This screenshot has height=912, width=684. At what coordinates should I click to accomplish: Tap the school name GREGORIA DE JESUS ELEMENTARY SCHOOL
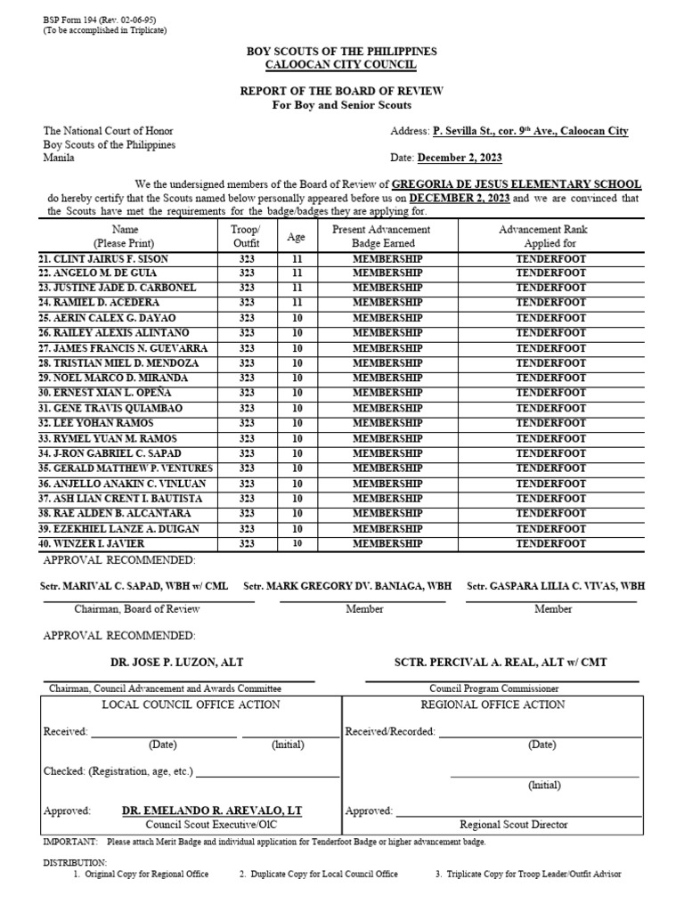(516, 183)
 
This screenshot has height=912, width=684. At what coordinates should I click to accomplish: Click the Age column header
(297, 237)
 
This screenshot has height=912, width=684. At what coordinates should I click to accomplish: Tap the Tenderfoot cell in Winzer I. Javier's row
(550, 543)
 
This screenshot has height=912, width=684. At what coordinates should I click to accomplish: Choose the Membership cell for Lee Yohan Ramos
(387, 423)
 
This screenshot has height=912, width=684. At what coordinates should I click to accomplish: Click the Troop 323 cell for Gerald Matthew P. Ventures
(247, 468)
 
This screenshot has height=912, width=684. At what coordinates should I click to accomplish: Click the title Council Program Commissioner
(493, 688)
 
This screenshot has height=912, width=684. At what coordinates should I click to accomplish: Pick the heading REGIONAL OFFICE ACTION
(493, 704)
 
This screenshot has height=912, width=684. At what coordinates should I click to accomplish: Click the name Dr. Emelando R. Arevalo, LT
(212, 810)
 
